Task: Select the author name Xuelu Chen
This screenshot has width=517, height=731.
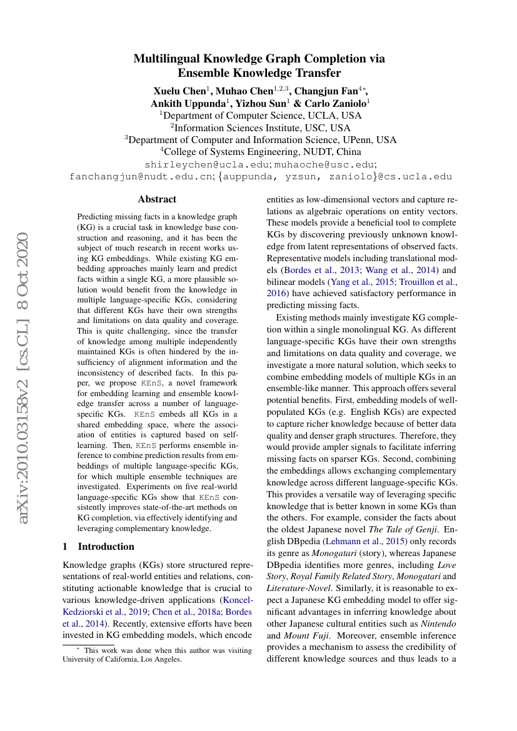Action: pyautogui.click(x=179, y=91)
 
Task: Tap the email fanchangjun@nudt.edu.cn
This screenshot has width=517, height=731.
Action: pyautogui.click(x=141, y=177)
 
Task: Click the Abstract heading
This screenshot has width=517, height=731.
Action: pyautogui.click(x=157, y=199)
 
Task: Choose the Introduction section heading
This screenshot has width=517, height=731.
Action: pyautogui.click(x=106, y=546)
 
